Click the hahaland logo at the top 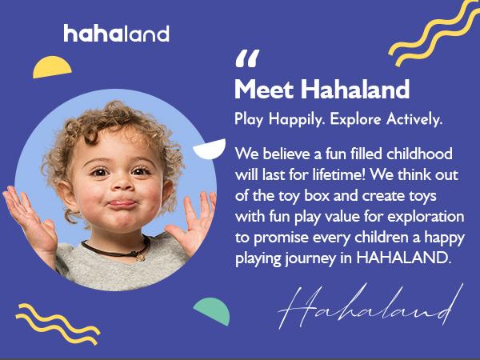pos(116,34)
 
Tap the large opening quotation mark pos(248,60)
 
